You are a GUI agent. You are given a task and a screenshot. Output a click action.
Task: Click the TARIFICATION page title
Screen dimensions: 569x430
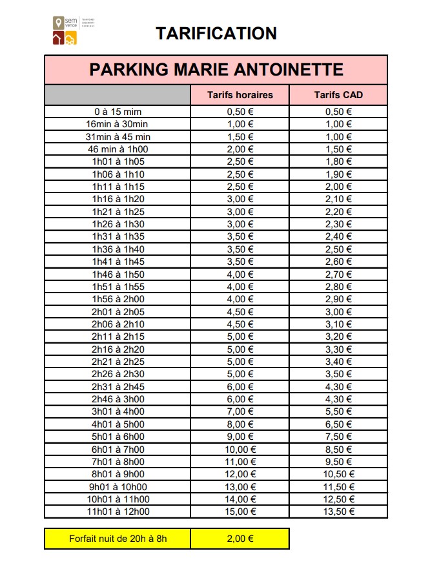[x=216, y=34]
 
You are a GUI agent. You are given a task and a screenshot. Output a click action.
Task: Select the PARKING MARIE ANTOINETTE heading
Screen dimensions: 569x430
[x=216, y=70]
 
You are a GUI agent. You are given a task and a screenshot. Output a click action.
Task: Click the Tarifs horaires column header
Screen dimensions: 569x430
[x=240, y=95]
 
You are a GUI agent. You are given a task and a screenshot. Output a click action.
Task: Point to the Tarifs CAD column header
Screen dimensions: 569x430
[x=338, y=95]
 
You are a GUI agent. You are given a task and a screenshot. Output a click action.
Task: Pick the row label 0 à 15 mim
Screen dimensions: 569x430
[x=118, y=112]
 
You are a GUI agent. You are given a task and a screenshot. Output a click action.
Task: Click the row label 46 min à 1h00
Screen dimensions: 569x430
[x=118, y=149]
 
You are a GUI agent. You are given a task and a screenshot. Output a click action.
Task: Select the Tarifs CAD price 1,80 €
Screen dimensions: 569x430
[x=338, y=161]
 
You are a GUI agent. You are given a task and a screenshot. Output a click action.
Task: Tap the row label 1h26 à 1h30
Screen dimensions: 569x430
[x=118, y=224]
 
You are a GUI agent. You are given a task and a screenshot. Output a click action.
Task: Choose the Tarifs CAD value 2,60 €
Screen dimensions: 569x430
[x=338, y=262]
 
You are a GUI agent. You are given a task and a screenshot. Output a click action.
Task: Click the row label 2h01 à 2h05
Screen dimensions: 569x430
[x=118, y=311]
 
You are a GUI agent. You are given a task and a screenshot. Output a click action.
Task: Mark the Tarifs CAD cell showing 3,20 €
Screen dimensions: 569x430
[x=338, y=336]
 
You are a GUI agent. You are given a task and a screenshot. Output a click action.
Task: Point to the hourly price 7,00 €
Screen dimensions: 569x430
[x=240, y=411]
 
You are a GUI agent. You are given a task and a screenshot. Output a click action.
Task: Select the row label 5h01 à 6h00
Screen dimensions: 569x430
[x=118, y=437]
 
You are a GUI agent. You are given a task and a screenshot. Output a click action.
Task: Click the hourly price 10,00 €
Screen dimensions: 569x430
[x=240, y=449]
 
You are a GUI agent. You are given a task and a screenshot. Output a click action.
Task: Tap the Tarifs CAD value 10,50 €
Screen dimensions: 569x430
[x=338, y=474]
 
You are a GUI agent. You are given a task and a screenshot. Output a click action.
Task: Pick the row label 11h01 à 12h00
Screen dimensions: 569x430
[x=118, y=512]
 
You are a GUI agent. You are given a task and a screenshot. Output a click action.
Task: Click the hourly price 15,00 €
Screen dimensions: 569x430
[x=240, y=512]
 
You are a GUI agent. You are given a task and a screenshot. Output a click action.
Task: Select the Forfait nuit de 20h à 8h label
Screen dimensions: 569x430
[x=118, y=539]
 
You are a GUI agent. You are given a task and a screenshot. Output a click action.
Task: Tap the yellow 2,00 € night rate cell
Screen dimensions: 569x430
[x=240, y=539]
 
